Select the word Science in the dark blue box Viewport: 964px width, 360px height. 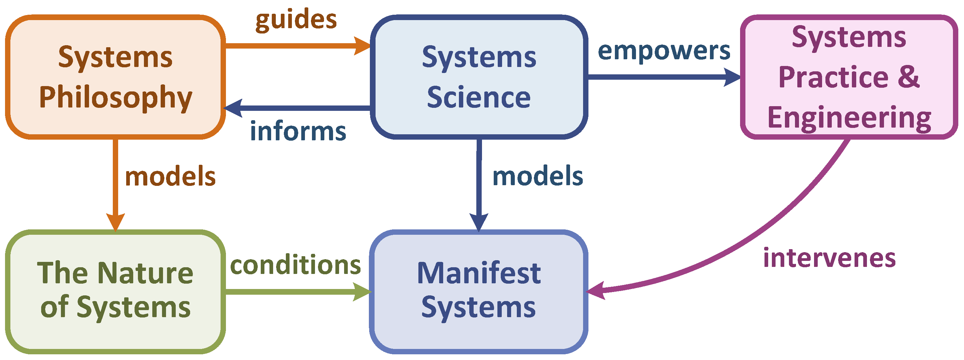tap(479, 97)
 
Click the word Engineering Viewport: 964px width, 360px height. tap(849, 118)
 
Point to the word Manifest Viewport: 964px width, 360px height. tap(479, 273)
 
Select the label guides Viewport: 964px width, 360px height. tap(296, 19)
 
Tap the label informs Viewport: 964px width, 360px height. tap(298, 132)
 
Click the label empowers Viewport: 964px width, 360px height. tap(664, 51)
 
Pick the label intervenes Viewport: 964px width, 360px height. tap(829, 258)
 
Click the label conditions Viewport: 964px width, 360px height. tap(295, 265)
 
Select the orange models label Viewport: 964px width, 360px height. tap(170, 176)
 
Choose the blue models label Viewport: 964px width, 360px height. tap(537, 176)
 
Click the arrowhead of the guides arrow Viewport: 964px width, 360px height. tap(361, 46)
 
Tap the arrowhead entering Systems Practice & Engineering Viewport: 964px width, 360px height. tap(732, 77)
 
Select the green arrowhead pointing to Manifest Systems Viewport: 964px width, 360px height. tap(361, 292)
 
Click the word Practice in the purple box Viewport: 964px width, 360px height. tap(833, 77)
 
